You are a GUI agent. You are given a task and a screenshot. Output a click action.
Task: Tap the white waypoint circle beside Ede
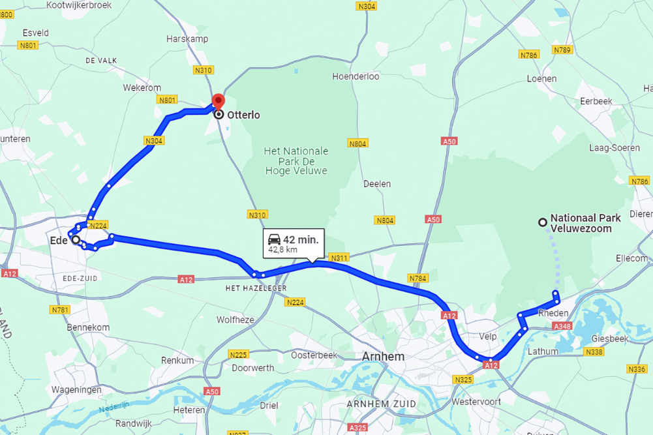pyautogui.click(x=76, y=240)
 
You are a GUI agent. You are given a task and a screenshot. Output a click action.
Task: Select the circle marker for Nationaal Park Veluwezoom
pyautogui.click(x=542, y=222)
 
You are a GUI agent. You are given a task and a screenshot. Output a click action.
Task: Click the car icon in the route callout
pyautogui.click(x=274, y=239)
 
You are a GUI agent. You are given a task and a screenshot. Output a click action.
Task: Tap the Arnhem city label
pyautogui.click(x=383, y=357)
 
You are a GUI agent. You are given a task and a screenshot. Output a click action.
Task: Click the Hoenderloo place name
pyautogui.click(x=356, y=76)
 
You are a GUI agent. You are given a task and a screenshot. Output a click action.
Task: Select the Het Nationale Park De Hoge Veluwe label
pyautogui.click(x=296, y=160)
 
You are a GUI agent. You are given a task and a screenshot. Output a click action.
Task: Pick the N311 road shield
pyautogui.click(x=339, y=258)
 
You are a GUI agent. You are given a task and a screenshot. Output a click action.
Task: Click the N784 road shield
pyautogui.click(x=418, y=278)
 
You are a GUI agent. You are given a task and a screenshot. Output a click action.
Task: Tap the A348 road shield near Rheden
pyautogui.click(x=561, y=325)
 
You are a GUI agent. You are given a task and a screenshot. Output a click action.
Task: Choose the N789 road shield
pyautogui.click(x=562, y=50)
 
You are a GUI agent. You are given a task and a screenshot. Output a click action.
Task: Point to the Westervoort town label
pyautogui.click(x=476, y=402)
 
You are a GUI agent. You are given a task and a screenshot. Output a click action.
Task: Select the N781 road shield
pyautogui.click(x=60, y=310)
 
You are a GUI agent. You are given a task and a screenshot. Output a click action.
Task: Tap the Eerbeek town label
pyautogui.click(x=596, y=101)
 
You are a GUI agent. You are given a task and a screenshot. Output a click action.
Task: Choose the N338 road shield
pyautogui.click(x=594, y=352)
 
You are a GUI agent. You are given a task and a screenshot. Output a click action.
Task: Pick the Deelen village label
pyautogui.click(x=376, y=184)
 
